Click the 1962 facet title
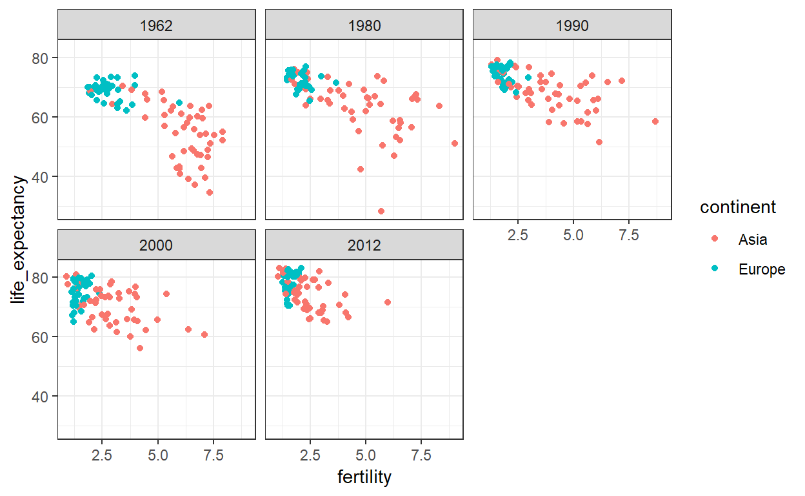157,26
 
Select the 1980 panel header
364,26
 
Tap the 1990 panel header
572,26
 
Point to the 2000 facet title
157,245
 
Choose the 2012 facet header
364,245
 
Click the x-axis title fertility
364,477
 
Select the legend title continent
738,207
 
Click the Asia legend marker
714,239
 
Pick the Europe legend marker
714,269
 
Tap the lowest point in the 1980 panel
381,211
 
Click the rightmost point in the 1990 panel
655,121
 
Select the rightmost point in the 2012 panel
388,302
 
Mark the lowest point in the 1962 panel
210,192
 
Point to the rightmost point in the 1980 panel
455,143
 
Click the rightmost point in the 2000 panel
204,335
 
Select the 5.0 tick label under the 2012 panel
365,455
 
